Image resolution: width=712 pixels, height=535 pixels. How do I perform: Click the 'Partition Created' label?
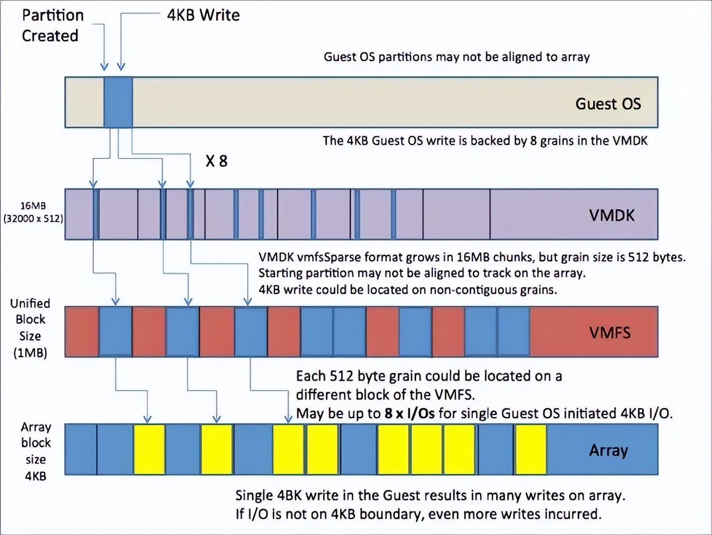click(52, 25)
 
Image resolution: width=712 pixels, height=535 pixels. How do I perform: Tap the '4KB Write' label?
click(203, 15)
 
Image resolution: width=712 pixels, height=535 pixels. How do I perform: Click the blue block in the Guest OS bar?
click(118, 102)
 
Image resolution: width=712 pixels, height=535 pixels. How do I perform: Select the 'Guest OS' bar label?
click(608, 104)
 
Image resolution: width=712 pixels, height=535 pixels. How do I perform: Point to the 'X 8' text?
click(216, 161)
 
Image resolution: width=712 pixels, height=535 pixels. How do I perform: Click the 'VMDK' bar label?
click(611, 215)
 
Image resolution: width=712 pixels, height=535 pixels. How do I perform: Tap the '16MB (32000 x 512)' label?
click(33, 212)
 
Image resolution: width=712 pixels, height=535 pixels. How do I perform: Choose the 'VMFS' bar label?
click(609, 333)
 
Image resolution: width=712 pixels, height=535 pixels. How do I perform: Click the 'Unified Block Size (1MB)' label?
click(30, 328)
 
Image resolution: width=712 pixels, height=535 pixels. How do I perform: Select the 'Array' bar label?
click(608, 451)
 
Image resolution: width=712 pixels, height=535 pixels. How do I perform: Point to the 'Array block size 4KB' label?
click(36, 451)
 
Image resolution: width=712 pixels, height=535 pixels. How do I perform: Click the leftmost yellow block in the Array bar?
click(150, 450)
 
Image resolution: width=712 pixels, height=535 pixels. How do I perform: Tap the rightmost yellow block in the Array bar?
click(530, 450)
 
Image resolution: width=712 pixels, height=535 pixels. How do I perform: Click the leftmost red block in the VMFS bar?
click(82, 332)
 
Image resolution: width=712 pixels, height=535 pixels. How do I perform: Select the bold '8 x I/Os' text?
click(409, 414)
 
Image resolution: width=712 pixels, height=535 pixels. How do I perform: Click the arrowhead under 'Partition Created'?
click(104, 66)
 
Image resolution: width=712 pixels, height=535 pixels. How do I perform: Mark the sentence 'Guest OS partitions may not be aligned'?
click(456, 57)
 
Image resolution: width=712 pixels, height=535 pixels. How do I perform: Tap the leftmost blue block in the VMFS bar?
click(115, 332)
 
